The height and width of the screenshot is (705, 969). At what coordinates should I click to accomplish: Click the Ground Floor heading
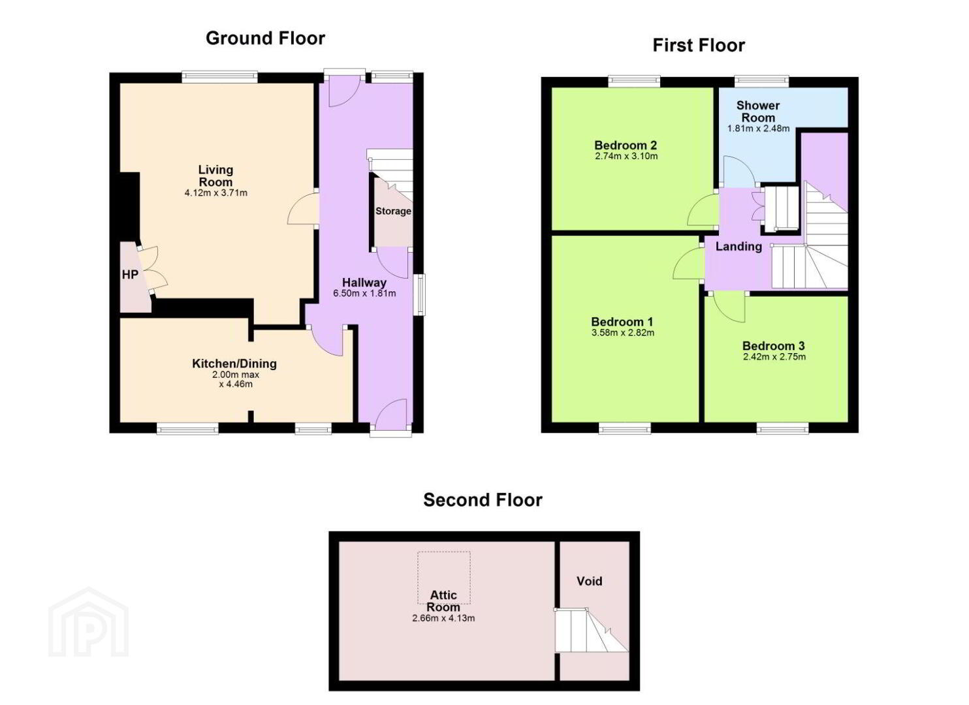265,39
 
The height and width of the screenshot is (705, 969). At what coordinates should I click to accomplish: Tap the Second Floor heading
483,501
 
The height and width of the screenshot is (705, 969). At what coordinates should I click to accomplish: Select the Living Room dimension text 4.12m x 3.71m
216,193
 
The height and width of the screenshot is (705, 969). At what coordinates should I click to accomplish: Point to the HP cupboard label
130,275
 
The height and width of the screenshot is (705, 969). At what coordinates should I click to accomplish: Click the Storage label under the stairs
393,211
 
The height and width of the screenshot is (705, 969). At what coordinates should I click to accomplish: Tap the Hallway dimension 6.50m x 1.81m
364,293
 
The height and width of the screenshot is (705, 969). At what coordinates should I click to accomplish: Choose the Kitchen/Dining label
234,364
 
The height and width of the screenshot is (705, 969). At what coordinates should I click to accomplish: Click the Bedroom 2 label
626,145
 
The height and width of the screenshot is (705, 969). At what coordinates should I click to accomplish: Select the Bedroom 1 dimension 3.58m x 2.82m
622,333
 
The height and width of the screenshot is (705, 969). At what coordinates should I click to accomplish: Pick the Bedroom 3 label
774,345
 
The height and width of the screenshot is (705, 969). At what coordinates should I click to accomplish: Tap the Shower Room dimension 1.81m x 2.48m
758,129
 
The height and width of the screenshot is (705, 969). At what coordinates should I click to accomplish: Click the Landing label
739,247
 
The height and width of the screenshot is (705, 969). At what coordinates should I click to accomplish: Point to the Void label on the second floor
589,581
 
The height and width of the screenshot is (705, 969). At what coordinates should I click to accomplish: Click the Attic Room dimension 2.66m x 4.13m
443,618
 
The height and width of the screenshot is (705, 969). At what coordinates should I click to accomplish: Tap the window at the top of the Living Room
220,76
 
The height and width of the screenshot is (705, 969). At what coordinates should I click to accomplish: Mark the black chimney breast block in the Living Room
129,208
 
